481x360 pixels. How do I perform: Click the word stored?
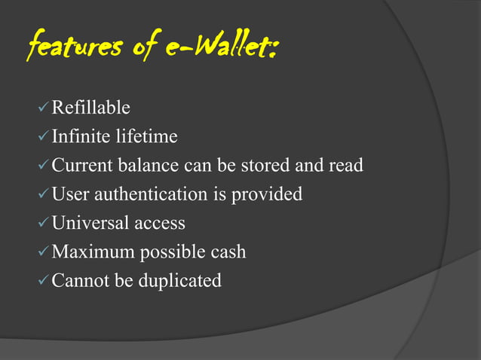click(x=277, y=166)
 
